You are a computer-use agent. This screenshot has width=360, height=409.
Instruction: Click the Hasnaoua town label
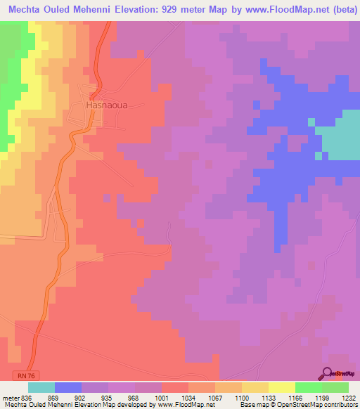click(x=106, y=105)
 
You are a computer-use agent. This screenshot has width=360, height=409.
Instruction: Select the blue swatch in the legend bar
click(x=67, y=387)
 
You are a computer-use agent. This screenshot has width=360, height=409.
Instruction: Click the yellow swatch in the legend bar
click(x=282, y=387)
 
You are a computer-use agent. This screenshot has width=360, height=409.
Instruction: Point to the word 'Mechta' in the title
click(x=27, y=10)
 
